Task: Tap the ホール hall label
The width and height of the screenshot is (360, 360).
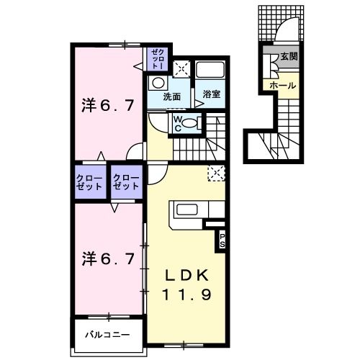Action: pos(282,86)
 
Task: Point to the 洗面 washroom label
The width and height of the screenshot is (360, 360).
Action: pos(171,96)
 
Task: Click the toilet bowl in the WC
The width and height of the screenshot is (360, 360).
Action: pos(188,123)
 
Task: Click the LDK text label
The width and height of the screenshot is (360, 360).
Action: pos(189,276)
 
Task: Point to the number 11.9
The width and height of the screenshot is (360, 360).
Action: pos(189,295)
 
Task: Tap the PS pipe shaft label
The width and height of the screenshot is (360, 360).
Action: pos(222,240)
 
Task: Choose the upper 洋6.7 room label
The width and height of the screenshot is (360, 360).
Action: pos(106,105)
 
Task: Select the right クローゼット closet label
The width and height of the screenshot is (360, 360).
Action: pos(125,182)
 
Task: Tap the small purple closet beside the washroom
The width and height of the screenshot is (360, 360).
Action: pos(158,58)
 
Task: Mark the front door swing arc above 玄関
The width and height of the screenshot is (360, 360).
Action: pos(287,32)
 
